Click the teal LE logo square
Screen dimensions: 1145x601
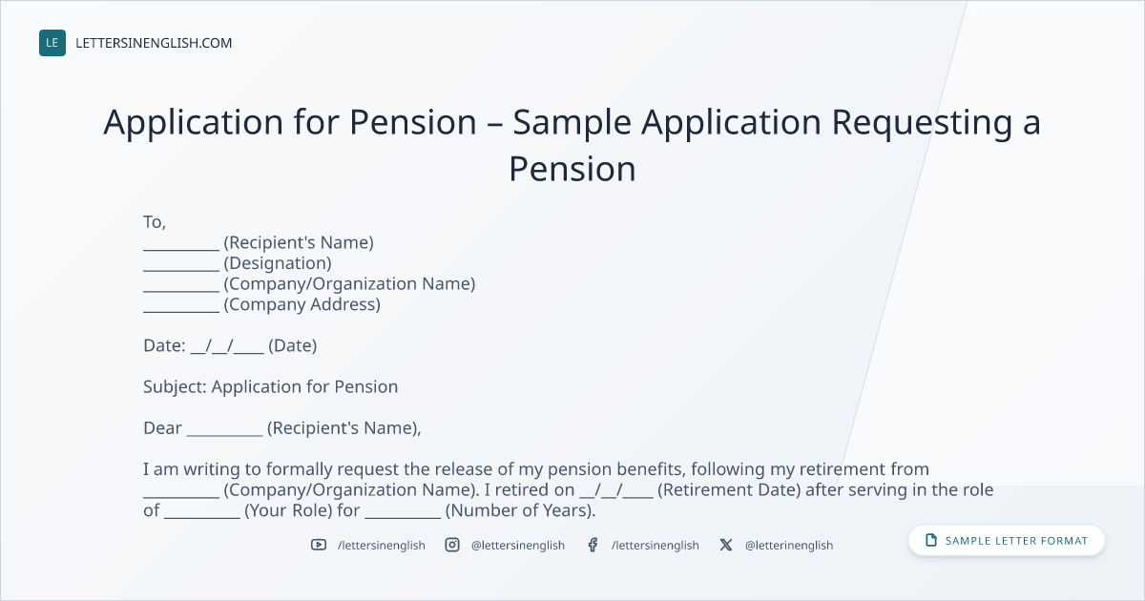[x=52, y=43]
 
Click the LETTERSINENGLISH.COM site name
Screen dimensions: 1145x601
[x=154, y=43]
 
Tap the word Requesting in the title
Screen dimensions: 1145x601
[x=922, y=123]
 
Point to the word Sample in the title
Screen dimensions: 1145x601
[x=572, y=123]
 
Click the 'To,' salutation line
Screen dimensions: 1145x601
[x=155, y=222]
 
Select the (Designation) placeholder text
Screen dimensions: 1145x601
[x=278, y=263]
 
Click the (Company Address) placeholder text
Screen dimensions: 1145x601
[x=302, y=304]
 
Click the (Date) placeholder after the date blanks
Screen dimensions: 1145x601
[x=292, y=345]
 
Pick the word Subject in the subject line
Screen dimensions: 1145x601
[x=173, y=387]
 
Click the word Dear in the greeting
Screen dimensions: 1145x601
[x=162, y=427]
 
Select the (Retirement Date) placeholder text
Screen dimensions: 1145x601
[x=729, y=489]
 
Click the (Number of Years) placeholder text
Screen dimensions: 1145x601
[x=520, y=510]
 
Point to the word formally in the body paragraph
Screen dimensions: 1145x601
[x=299, y=469]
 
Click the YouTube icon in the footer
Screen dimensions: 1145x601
[x=319, y=545]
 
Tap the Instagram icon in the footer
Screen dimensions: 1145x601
[x=452, y=545]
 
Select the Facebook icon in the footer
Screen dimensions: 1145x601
[x=593, y=545]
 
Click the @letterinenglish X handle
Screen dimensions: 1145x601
[x=789, y=546]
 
